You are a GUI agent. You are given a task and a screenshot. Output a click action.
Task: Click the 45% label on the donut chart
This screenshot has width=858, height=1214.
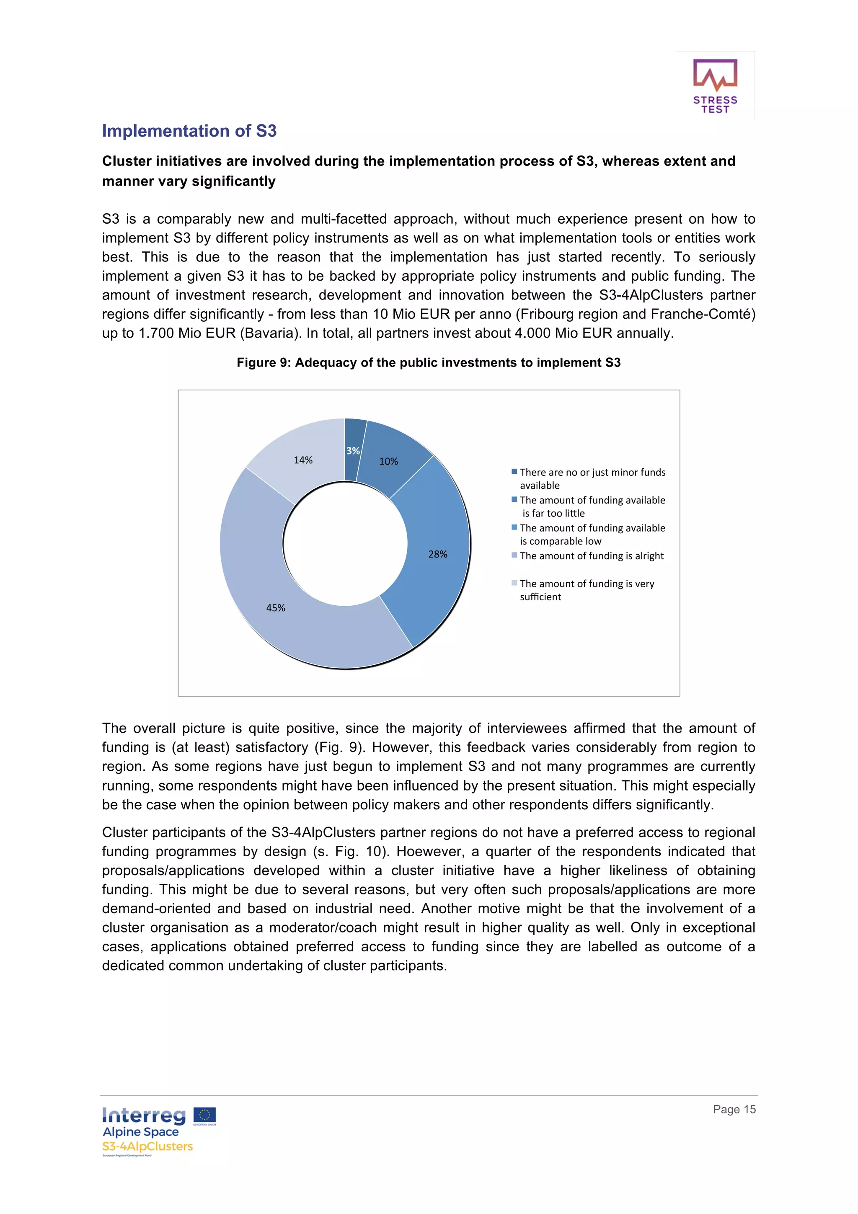point(275,608)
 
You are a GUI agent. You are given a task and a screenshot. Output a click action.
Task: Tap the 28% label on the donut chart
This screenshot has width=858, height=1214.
point(438,554)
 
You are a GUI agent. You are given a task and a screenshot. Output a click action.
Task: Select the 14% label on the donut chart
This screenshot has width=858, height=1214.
point(303,460)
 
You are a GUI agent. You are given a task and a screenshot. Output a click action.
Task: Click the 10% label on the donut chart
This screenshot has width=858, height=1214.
point(388,462)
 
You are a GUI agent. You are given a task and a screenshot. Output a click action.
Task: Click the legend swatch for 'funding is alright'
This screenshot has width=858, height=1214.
point(514,555)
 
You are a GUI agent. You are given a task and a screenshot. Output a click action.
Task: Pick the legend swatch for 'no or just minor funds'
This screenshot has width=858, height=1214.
point(514,472)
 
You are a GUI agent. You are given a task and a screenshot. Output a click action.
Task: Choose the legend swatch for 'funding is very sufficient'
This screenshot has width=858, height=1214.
point(514,583)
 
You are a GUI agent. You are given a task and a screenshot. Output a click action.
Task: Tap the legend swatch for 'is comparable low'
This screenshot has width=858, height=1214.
point(514,527)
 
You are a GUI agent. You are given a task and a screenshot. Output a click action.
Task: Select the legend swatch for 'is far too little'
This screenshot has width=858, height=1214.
point(514,499)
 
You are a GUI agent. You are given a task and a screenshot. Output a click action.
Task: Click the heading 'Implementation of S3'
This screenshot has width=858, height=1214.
point(189,131)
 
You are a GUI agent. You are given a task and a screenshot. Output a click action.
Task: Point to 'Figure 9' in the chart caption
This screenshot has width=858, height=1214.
point(262,363)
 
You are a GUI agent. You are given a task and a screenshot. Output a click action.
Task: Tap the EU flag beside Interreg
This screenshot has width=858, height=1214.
point(204,1115)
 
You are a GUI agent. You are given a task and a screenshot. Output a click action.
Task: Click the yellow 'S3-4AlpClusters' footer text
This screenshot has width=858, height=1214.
point(147,1146)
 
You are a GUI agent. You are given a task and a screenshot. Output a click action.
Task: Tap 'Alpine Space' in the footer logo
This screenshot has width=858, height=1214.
point(141,1132)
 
